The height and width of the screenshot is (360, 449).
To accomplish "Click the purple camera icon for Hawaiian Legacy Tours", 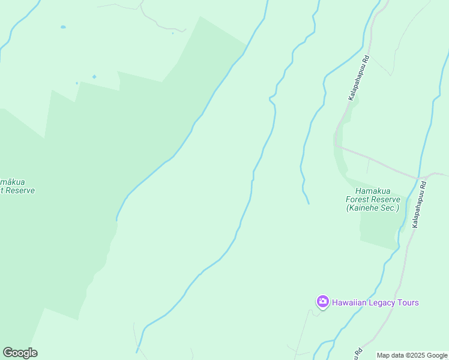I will (x=322, y=301).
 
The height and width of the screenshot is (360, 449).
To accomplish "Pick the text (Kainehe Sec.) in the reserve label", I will (x=372, y=208).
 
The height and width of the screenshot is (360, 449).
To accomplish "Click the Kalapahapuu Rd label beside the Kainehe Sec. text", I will (x=419, y=205).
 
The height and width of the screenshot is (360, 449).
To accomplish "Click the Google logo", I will (x=20, y=353).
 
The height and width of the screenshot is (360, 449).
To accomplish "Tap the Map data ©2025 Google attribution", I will (x=412, y=355).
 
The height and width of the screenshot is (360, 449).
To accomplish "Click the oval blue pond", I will (x=63, y=27).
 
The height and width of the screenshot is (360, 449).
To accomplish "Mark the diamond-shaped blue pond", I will (x=94, y=77).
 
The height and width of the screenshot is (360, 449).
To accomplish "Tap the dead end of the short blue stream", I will (x=309, y=203).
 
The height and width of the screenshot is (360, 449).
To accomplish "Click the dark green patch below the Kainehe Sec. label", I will (x=378, y=231).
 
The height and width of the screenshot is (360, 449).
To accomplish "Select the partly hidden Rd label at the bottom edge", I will (x=358, y=353).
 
